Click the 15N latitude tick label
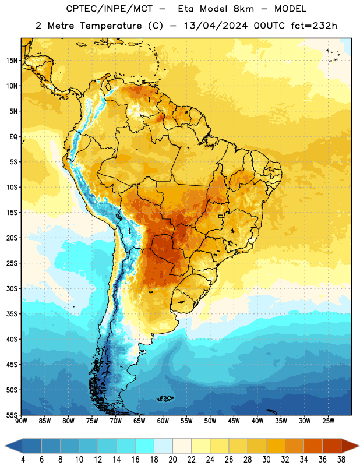coord(12,61)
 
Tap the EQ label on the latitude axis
coord(13,137)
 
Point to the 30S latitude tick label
coord(12,288)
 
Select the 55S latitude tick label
coord(12,415)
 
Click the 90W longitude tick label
coord(21,421)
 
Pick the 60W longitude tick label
coord(163,421)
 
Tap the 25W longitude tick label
coord(328,421)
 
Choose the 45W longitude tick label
coord(234,421)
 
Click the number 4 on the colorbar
coord(23,460)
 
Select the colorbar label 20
coord(172,460)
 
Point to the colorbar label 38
coord(341,460)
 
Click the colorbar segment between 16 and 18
coord(145,446)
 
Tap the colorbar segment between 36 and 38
coord(332,446)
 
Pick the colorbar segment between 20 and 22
coord(182,446)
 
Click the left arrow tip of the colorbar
coord(5,446)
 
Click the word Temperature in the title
coord(111,26)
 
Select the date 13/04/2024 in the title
coord(216,26)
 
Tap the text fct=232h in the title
coord(314,26)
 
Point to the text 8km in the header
coord(243,9)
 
